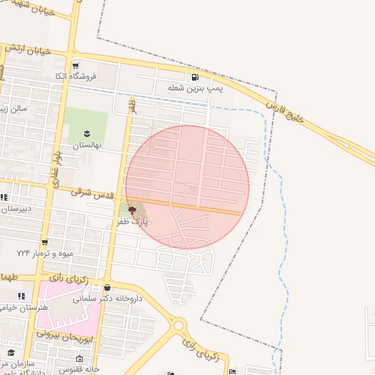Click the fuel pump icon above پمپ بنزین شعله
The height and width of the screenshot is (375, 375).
195,78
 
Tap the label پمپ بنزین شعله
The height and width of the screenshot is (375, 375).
195,89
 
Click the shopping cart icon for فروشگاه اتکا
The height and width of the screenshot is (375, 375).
75,64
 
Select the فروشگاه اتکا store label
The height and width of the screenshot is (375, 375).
71,75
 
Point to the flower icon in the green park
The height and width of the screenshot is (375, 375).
86,133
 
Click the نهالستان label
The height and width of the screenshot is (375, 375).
86,144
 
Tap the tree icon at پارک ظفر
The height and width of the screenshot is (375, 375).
132,210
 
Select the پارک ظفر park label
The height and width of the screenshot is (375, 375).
133,220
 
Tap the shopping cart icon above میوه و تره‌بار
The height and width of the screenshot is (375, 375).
45,242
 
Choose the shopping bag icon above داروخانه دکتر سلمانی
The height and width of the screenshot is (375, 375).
108,288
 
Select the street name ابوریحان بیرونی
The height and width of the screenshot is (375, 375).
65,336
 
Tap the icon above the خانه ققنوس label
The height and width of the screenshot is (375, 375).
79,359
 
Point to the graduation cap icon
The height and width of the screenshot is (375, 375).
10,353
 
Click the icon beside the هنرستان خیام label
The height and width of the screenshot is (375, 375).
21,296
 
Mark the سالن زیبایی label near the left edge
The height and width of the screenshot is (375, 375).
15,109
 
